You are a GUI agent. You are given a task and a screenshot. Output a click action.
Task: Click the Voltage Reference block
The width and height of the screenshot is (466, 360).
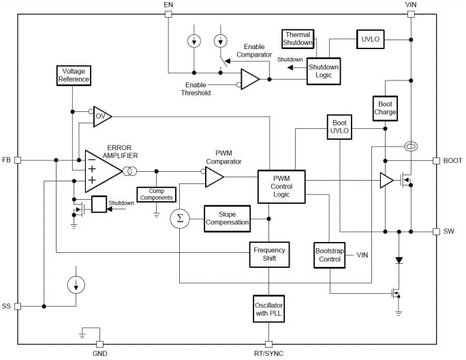(73, 75)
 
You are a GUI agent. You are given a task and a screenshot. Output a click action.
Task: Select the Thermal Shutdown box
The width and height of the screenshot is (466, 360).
(298, 38)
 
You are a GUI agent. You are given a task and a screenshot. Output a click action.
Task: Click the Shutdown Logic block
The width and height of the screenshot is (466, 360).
(323, 71)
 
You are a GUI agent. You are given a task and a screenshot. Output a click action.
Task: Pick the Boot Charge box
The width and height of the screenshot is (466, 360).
(385, 108)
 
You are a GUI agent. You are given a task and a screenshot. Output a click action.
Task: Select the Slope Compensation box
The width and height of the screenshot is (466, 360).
(228, 217)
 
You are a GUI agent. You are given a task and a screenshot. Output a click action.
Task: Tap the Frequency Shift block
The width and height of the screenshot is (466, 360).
(269, 255)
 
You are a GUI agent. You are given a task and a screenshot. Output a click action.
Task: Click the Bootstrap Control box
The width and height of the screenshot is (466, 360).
(329, 255)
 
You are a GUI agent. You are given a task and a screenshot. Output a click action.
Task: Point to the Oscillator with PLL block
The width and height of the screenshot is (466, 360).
(268, 307)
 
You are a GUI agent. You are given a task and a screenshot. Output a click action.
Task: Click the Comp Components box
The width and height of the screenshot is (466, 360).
(155, 194)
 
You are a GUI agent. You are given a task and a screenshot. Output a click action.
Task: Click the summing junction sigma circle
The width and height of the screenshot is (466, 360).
(180, 218)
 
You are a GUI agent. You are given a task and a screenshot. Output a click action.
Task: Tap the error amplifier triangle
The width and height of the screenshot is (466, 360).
(100, 170)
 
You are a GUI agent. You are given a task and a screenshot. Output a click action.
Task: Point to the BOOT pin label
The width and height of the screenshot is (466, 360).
(452, 161)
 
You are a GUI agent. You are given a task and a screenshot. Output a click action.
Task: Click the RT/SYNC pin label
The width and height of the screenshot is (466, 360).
(268, 354)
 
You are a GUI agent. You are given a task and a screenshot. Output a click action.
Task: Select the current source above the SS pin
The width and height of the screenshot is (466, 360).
(75, 285)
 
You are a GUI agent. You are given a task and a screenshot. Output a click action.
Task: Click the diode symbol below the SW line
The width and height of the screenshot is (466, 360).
(399, 260)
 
